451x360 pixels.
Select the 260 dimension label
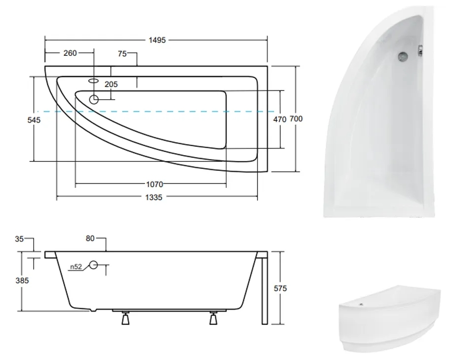coord(70,53)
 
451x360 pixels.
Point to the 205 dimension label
coord(111,84)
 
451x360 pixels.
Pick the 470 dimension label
coord(280,119)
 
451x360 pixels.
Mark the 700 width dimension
coord(296,119)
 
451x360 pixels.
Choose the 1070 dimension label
coord(154,184)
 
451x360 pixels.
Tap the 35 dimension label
coord(19,239)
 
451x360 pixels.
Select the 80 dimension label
coord(90,239)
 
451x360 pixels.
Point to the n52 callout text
coord(75,267)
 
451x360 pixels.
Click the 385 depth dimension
coord(22,280)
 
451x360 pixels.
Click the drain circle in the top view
coord(94,99)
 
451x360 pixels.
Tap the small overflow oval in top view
coord(93,80)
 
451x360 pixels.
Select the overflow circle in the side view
coord(94,265)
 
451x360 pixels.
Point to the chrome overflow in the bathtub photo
coord(403,56)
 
